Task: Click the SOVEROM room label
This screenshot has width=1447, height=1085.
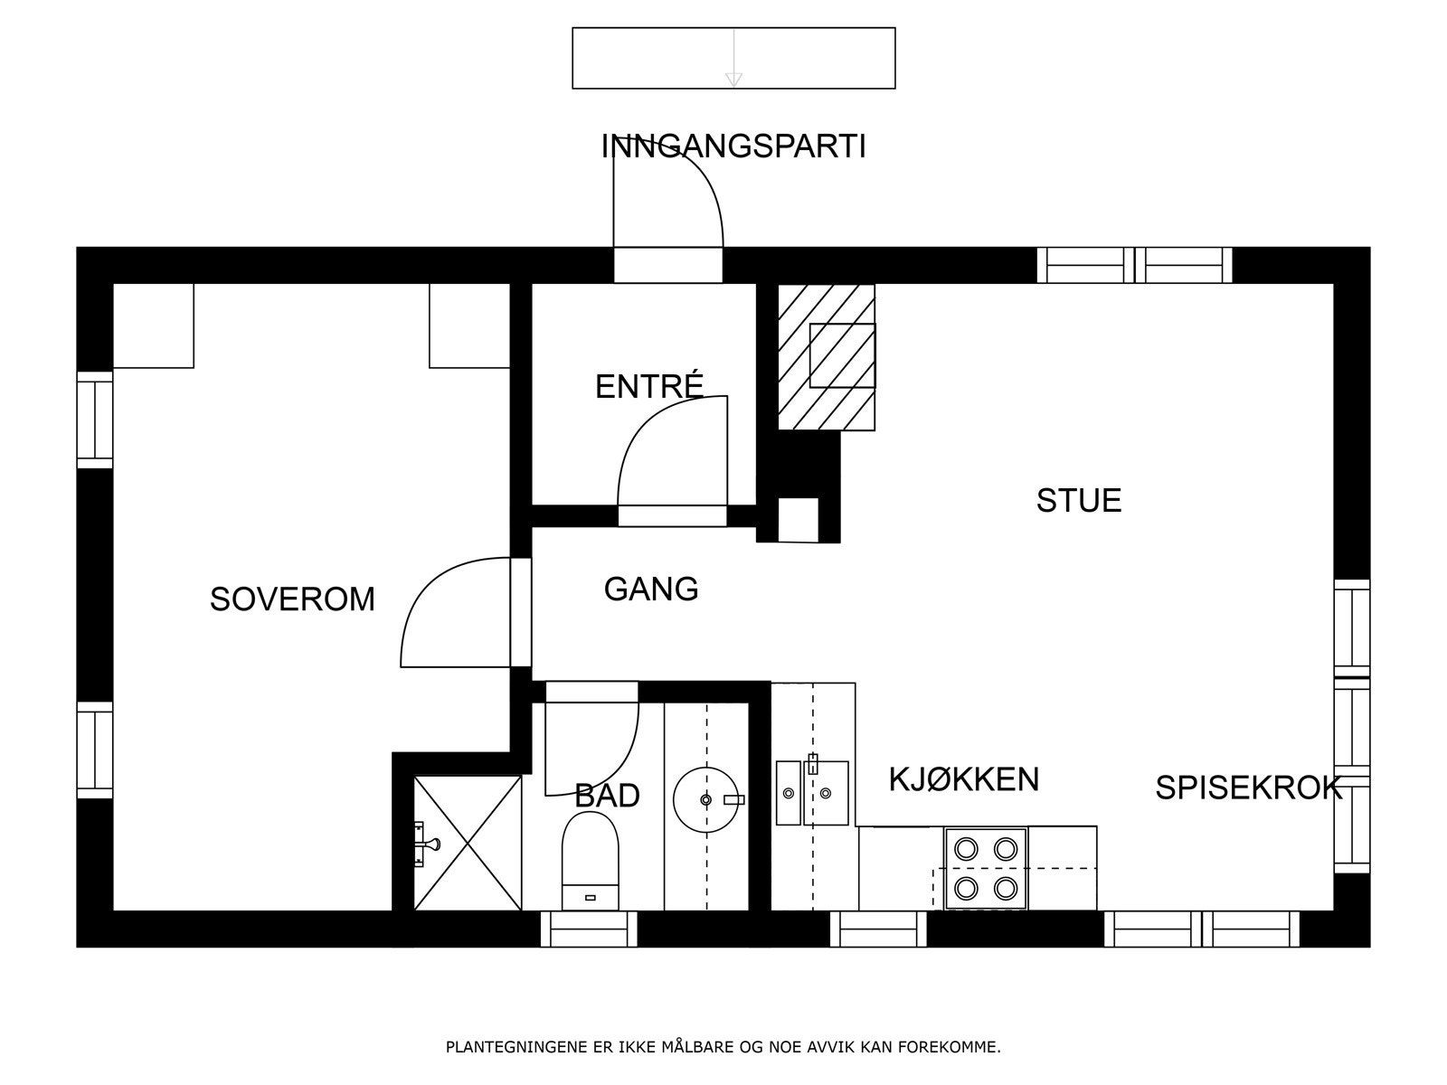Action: click(x=292, y=599)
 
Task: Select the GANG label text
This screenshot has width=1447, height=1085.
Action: click(x=651, y=589)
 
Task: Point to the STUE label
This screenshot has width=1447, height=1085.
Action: click(x=1079, y=501)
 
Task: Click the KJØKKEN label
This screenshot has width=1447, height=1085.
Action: click(x=964, y=779)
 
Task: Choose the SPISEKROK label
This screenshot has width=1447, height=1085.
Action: click(x=1249, y=788)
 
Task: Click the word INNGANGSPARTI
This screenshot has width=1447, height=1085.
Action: click(x=733, y=146)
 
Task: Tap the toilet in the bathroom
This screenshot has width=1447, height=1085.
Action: click(x=590, y=861)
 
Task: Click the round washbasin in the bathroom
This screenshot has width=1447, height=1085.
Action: click(x=706, y=800)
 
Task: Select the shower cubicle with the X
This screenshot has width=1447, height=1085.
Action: click(x=468, y=844)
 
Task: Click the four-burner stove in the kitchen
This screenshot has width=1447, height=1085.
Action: click(x=986, y=869)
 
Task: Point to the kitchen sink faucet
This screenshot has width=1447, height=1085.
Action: click(x=813, y=763)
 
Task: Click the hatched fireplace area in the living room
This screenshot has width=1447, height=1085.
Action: click(x=827, y=357)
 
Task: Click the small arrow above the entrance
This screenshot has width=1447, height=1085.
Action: click(x=733, y=80)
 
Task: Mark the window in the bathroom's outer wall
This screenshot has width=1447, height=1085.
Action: click(x=590, y=929)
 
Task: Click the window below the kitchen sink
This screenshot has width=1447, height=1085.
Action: click(x=878, y=929)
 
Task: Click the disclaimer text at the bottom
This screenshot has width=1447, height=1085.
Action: click(x=723, y=1047)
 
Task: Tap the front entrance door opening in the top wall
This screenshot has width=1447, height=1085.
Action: click(x=668, y=265)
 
